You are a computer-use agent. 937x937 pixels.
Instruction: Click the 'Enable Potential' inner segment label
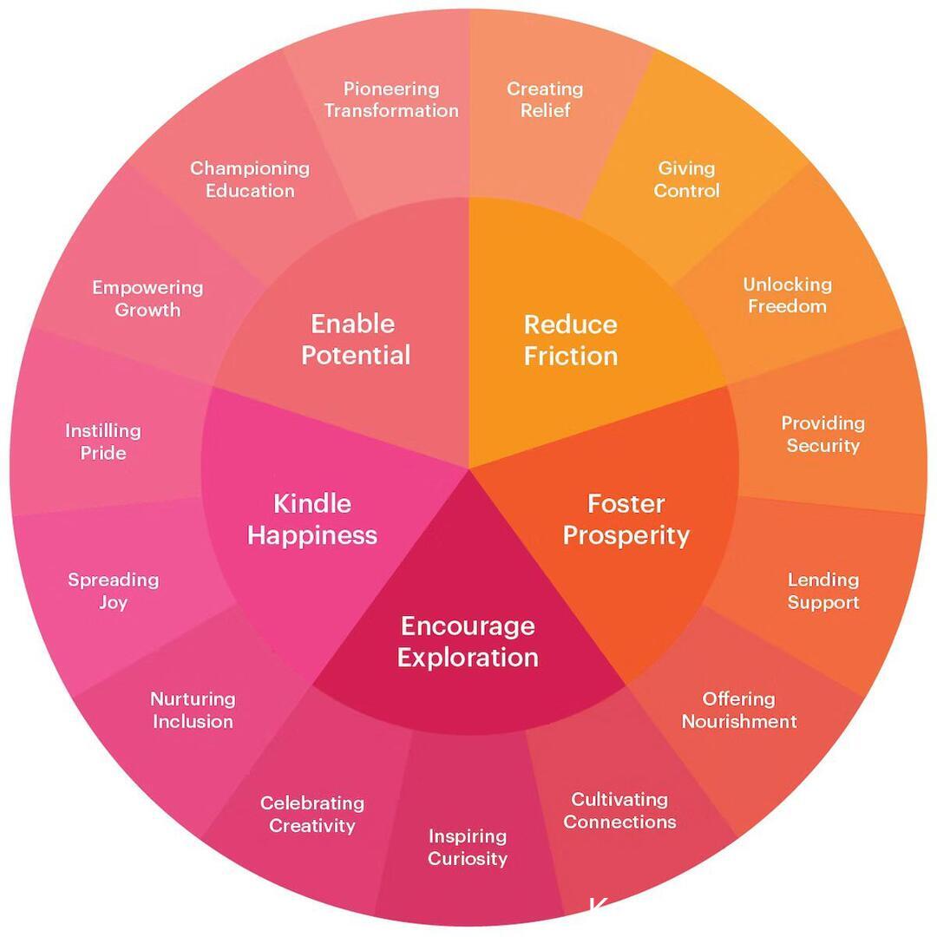pos(355,339)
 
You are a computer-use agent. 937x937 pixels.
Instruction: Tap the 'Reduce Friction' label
pos(570,339)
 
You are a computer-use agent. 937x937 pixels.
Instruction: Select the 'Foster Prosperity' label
pos(626,519)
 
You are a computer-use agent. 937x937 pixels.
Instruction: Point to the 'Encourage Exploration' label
pos(468,641)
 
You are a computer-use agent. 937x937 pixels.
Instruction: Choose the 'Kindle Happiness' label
pos(312,519)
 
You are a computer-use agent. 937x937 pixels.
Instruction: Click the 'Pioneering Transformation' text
pos(391,100)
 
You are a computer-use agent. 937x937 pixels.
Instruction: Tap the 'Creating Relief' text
pos(545,100)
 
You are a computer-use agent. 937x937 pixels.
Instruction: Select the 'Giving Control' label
pos(686,180)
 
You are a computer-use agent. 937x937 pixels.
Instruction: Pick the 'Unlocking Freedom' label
pos(787,295)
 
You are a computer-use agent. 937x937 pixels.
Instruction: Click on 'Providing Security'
pos(822,434)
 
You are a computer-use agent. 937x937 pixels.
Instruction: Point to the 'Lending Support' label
pos(822,591)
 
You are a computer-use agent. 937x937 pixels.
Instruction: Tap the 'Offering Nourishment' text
pos(738,710)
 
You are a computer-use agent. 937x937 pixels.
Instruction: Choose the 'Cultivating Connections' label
pos(619,810)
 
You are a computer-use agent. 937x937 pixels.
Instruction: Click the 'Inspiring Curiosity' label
pos(468,848)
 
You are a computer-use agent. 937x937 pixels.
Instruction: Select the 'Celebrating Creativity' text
pos(312,814)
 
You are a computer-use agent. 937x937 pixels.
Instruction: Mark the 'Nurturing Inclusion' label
pos(193,710)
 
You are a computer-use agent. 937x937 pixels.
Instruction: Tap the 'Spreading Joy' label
pos(113,591)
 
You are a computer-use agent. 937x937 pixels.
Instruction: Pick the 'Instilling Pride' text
pos(103,442)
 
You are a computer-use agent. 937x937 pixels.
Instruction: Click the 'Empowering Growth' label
pos(147,298)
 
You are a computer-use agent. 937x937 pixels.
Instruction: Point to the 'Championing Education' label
pos(250,180)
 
